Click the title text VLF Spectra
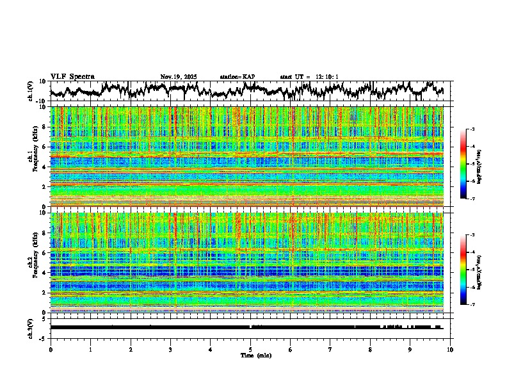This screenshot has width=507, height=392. tap(72, 77)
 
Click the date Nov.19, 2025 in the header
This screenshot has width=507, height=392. tap(179, 77)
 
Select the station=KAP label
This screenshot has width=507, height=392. tap(237, 77)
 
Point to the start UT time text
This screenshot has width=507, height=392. tap(309, 77)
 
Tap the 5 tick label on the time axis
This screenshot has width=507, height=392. tap(250, 350)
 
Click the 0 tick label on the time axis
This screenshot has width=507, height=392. tap(51, 350)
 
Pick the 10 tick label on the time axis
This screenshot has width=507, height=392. tap(450, 350)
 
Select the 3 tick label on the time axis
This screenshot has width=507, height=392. tap(170, 350)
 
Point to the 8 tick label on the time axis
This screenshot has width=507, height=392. tap(370, 350)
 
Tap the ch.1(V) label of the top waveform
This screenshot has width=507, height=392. tap(30, 91)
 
